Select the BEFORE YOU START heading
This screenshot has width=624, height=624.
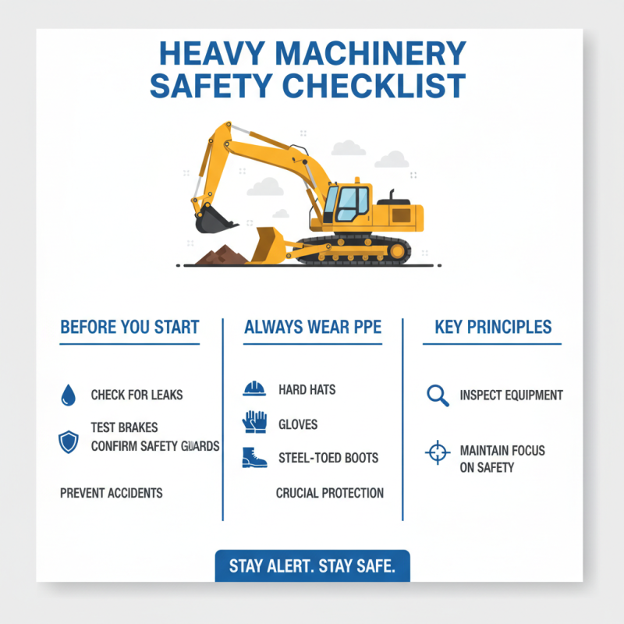129,327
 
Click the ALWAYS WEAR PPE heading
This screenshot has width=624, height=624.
313,327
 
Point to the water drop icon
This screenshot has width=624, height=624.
69,395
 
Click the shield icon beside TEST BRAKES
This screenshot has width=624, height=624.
69,442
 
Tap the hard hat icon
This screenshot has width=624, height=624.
254,388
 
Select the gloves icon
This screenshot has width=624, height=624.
254,423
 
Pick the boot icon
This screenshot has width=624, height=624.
254,458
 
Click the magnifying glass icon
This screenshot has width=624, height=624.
438,395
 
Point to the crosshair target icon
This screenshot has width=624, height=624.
438,452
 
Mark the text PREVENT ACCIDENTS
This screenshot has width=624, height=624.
112,493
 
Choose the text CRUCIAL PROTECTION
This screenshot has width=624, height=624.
330,493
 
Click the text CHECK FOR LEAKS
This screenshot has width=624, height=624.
136,395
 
